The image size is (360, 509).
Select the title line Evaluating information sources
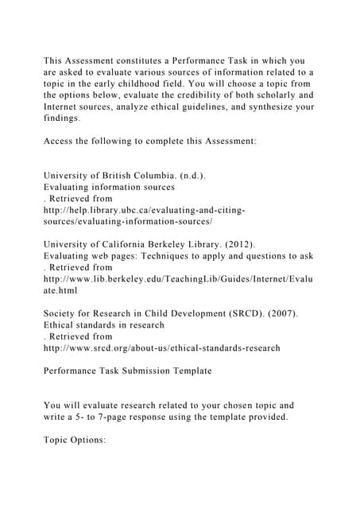click(x=109, y=187)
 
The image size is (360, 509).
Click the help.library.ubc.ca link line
click(x=144, y=210)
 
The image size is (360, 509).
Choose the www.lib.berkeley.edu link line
click(x=178, y=279)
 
